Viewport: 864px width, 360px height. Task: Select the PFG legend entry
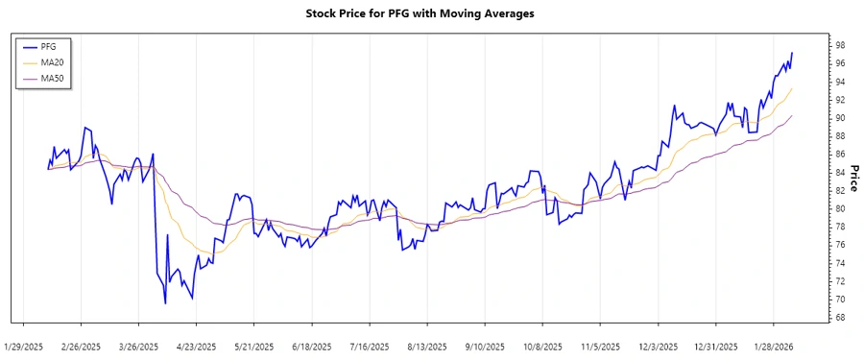48,46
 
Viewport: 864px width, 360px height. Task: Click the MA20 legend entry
51,62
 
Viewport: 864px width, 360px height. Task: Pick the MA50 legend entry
51,79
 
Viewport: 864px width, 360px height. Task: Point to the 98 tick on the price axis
838,45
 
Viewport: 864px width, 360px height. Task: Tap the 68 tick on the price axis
838,317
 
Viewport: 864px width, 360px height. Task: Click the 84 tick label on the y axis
838,172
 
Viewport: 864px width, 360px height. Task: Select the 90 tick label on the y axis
838,118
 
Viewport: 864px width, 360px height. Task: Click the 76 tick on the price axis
838,245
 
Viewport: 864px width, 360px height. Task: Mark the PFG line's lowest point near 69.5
165,303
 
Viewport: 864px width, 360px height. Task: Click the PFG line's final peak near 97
792,53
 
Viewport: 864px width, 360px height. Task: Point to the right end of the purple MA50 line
792,115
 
